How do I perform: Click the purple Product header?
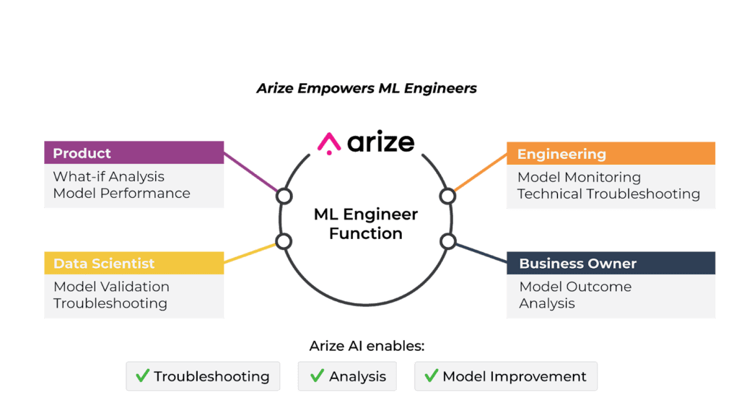[x=134, y=153]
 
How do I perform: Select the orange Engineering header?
[x=611, y=154]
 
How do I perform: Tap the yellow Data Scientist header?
[x=134, y=263]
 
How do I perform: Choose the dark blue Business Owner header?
[x=611, y=263]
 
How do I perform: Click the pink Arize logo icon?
[x=329, y=143]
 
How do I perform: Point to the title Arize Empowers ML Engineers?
[x=367, y=89]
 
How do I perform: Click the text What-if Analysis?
[x=109, y=176]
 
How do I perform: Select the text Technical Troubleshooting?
[x=608, y=194]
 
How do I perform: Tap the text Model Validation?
[x=111, y=286]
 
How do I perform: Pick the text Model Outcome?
[x=575, y=286]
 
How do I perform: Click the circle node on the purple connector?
[x=284, y=196]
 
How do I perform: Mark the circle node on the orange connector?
[x=447, y=196]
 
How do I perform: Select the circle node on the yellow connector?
[x=284, y=241]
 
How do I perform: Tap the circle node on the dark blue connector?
[x=447, y=241]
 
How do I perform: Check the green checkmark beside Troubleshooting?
[x=142, y=376]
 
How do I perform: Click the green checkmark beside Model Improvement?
[x=432, y=376]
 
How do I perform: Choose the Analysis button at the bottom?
[x=348, y=376]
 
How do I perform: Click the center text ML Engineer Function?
[x=366, y=223]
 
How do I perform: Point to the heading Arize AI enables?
[x=367, y=346]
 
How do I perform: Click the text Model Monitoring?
[x=579, y=177]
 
